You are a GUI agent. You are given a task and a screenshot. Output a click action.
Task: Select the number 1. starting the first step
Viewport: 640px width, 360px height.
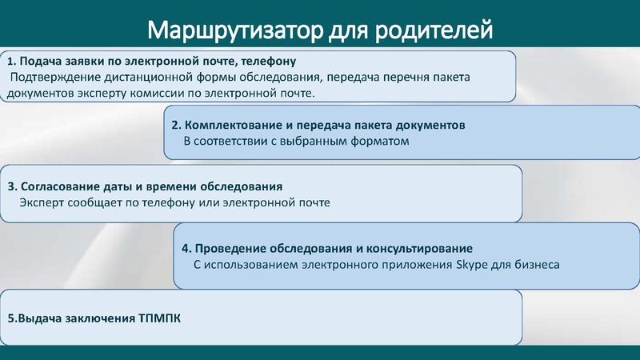pyautogui.click(x=11, y=62)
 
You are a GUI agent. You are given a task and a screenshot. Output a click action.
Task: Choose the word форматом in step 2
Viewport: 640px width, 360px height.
pyautogui.click(x=382, y=142)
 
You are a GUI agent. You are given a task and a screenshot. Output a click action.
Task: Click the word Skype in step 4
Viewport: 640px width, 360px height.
pyautogui.click(x=470, y=263)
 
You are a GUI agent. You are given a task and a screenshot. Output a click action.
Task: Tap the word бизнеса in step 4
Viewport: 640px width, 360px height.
pyautogui.click(x=537, y=263)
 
